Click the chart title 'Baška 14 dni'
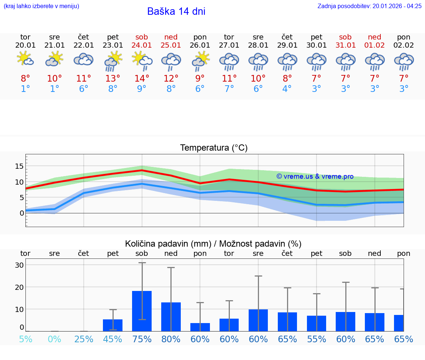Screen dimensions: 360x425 coord(176,11)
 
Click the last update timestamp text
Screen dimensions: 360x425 coord(369,6)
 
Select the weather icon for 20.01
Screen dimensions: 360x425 coord(25,59)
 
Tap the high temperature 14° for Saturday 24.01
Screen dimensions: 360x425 coord(142,78)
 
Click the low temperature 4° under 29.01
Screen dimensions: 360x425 coord(287,89)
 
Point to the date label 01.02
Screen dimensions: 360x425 coord(374,45)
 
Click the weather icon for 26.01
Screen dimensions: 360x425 coord(200,60)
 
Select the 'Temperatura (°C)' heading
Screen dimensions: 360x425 coord(214,148)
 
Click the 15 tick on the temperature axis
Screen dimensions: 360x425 coord(19,166)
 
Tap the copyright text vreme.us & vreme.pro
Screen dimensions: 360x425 coord(315,176)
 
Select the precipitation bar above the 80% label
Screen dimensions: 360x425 coord(171,317)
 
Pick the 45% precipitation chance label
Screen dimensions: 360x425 coord(113,339)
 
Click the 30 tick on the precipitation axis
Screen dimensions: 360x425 coord(19,265)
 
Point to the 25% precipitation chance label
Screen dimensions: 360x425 coord(84,339)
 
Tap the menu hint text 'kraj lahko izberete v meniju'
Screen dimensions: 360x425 coord(41,6)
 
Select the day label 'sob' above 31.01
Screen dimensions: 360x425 coord(345,37)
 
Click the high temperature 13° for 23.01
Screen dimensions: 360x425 coord(113,78)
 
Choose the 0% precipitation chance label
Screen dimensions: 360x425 coord(55,339)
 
